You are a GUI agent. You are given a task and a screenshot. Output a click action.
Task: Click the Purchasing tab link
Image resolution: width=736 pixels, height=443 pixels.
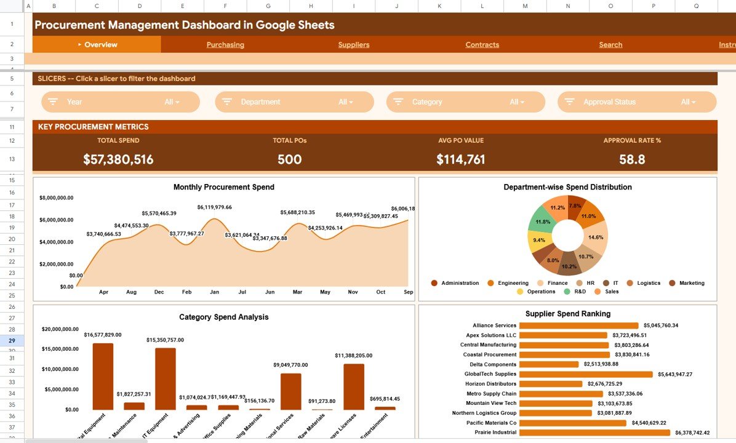click(225, 45)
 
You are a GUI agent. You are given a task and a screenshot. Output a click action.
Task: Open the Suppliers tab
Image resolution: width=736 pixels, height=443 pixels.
click(354, 45)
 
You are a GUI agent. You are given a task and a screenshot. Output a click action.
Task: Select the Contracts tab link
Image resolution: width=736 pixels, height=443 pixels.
click(482, 45)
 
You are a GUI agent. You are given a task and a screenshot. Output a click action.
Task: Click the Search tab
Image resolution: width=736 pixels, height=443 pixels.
click(610, 45)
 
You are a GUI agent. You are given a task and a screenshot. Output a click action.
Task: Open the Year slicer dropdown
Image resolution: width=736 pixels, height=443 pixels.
click(121, 102)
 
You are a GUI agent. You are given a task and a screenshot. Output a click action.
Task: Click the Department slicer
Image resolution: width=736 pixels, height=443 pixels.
click(294, 102)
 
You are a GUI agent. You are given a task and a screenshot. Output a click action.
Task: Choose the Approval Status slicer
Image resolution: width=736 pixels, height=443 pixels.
click(637, 102)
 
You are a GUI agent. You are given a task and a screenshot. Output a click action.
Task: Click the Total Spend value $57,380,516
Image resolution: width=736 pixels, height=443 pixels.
click(118, 159)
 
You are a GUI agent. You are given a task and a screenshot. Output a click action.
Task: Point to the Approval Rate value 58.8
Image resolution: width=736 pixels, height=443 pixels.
click(632, 159)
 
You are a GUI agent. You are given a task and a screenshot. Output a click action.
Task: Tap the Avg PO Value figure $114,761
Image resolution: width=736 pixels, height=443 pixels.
click(461, 159)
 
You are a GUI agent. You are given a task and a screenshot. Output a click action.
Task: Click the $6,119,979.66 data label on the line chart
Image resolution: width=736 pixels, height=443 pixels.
click(214, 207)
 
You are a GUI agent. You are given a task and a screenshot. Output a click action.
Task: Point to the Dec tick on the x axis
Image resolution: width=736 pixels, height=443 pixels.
click(159, 292)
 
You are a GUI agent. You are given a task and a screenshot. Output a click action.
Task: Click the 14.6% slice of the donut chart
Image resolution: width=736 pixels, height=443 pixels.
click(595, 237)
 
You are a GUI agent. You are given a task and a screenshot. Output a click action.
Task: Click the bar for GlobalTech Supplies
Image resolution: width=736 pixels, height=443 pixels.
click(585, 374)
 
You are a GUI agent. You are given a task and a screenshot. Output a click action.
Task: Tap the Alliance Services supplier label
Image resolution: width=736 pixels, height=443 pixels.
click(494, 325)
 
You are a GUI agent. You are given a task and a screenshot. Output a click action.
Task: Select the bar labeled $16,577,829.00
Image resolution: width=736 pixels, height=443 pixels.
click(103, 377)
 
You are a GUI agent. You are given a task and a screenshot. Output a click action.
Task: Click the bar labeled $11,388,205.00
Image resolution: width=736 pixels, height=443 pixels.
click(354, 386)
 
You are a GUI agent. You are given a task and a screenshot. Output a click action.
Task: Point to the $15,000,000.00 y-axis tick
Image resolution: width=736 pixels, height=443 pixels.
click(60, 349)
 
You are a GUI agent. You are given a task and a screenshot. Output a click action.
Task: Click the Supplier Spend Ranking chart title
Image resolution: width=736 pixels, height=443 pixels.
click(567, 314)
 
